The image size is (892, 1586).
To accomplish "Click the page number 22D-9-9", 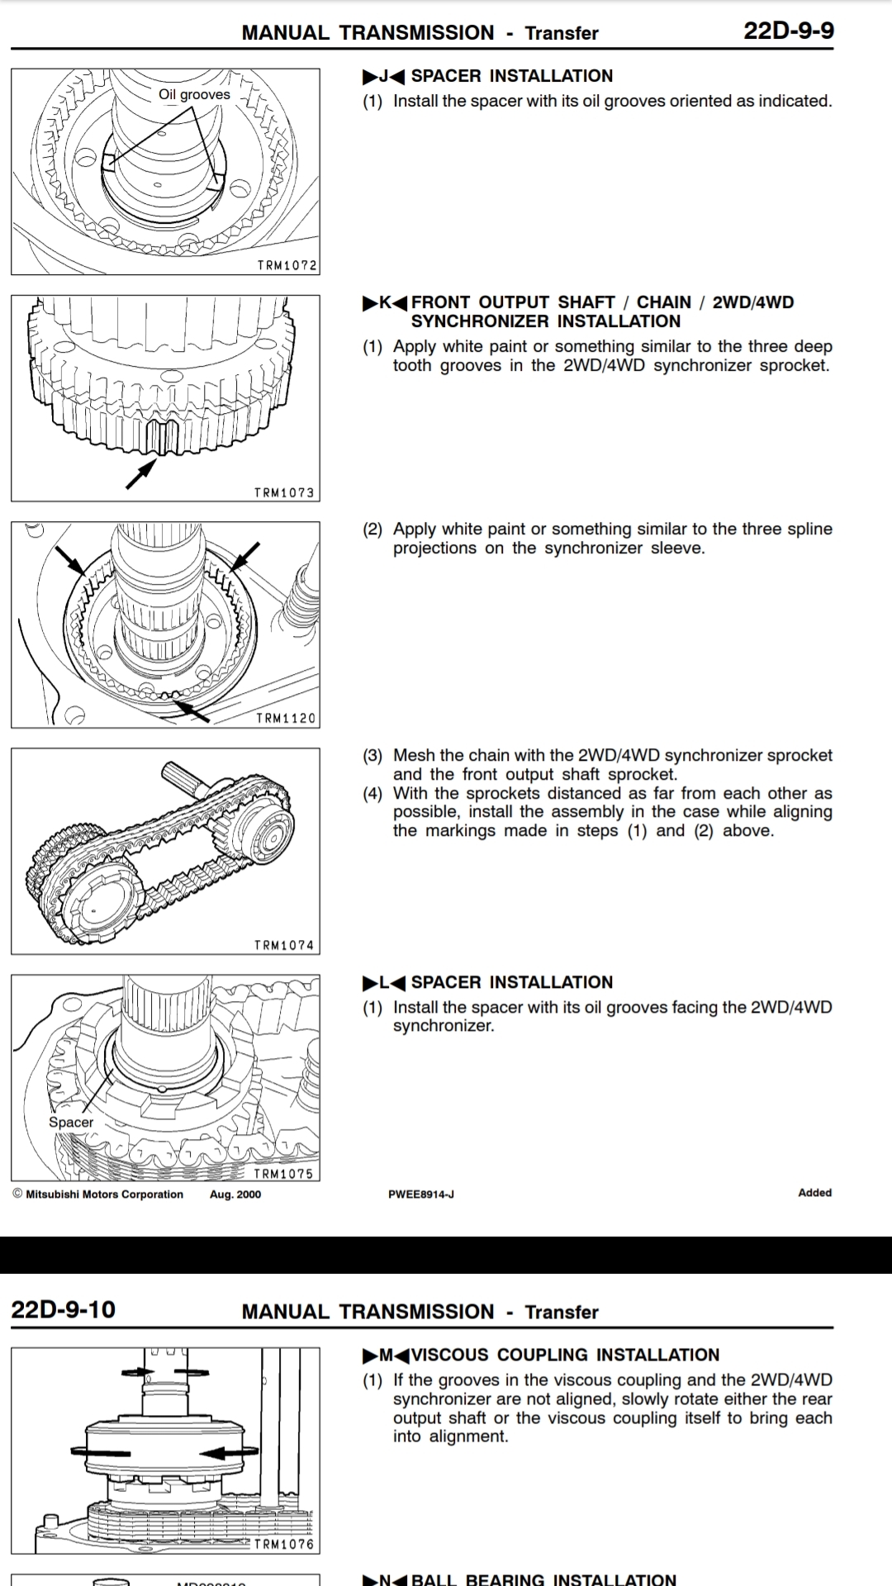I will click(788, 31).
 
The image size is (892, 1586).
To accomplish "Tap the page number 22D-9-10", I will click(63, 1310).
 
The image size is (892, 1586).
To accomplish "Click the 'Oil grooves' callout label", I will click(194, 95).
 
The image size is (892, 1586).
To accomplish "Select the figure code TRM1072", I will click(286, 265).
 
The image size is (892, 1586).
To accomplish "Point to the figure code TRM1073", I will click(284, 492).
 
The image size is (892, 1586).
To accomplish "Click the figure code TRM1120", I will click(286, 719).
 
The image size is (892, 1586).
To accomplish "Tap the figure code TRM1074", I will click(284, 945).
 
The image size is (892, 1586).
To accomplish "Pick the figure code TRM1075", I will click(283, 1173).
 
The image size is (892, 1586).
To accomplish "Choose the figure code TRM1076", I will click(284, 1544).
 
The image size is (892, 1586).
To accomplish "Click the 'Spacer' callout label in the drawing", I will click(71, 1122).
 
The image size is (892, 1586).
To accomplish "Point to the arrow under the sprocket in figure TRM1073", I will click(141, 473).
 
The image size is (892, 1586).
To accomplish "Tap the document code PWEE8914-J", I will click(421, 1194).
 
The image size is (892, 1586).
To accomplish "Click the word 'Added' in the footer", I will click(814, 1193).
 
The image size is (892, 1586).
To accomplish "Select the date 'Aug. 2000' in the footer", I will click(235, 1194).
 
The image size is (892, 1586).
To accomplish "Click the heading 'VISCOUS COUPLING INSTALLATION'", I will click(565, 1355).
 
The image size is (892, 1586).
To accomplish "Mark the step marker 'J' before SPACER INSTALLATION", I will click(383, 76).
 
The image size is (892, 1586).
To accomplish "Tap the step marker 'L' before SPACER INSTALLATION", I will click(383, 982).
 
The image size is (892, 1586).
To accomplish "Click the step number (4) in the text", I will click(372, 794).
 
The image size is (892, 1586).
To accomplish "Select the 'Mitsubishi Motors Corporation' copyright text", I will click(104, 1194).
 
